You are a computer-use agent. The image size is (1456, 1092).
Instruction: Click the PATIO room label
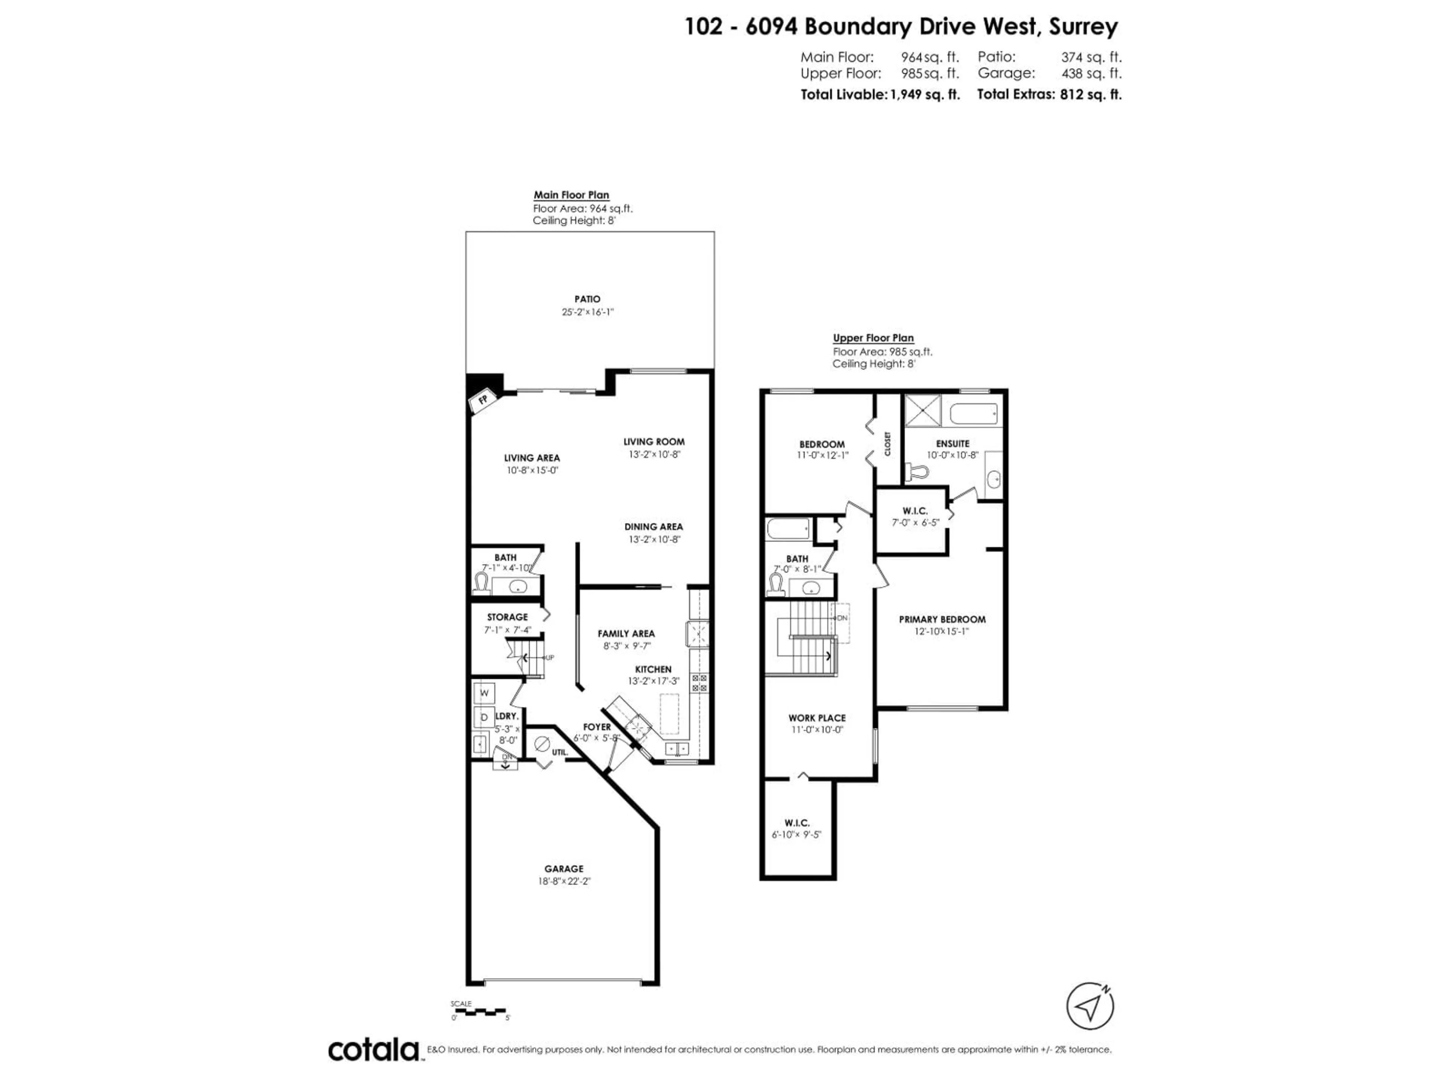[587, 299]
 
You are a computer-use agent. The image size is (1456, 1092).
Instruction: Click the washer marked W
[484, 692]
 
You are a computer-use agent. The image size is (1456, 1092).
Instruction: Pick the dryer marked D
[484, 717]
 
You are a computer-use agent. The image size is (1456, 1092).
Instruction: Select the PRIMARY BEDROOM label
[942, 619]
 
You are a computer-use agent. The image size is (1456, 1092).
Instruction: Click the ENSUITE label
[952, 444]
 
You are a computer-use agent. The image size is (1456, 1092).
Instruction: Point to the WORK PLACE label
[817, 717]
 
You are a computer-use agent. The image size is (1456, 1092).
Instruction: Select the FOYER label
[597, 727]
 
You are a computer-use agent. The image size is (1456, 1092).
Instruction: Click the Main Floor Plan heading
[571, 195]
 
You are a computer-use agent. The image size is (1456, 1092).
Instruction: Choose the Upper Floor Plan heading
[873, 338]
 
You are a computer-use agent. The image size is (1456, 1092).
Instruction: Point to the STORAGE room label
[507, 617]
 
